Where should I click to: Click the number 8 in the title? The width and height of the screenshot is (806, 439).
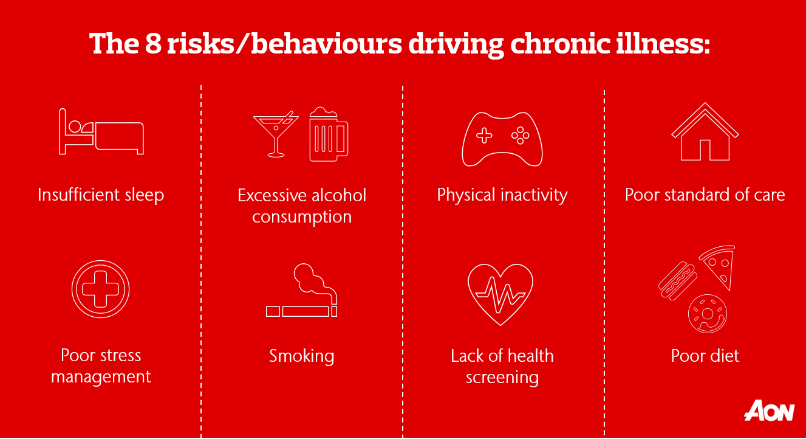coord(153,44)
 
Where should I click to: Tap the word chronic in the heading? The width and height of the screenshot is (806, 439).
coord(560,44)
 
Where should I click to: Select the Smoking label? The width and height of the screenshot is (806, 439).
coord(301,356)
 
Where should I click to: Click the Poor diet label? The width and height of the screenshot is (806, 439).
coord(705,356)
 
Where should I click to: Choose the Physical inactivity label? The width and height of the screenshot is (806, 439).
coord(502,195)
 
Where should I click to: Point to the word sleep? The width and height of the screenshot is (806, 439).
coord(145,195)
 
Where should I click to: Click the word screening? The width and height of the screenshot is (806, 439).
coord(502,378)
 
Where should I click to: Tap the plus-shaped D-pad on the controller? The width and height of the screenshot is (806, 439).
coord(484,136)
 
